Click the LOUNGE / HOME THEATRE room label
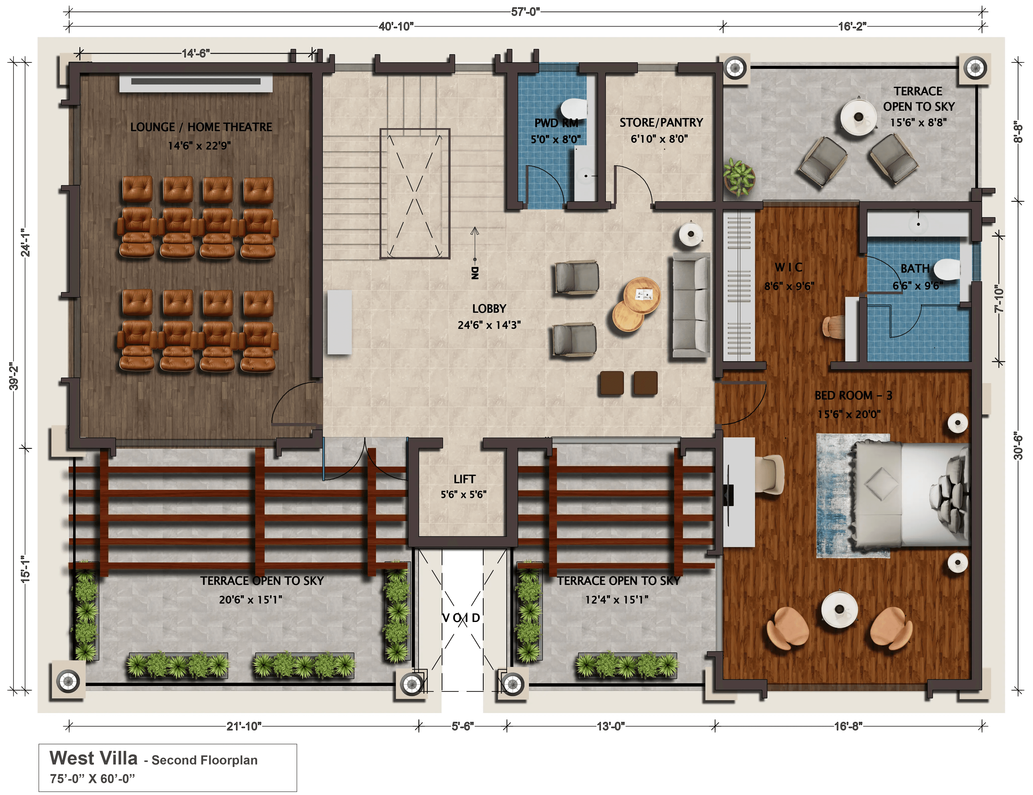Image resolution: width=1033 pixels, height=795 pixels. (x=201, y=127)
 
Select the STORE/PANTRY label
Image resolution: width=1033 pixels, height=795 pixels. (x=661, y=123)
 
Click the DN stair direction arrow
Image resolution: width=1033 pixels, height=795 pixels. (x=474, y=244)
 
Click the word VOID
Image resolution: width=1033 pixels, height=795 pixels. (x=461, y=617)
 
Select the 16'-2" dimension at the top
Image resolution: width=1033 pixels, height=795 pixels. (x=852, y=26)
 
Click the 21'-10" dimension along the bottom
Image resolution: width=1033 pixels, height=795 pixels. (x=243, y=726)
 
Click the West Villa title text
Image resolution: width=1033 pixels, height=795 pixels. (x=93, y=758)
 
